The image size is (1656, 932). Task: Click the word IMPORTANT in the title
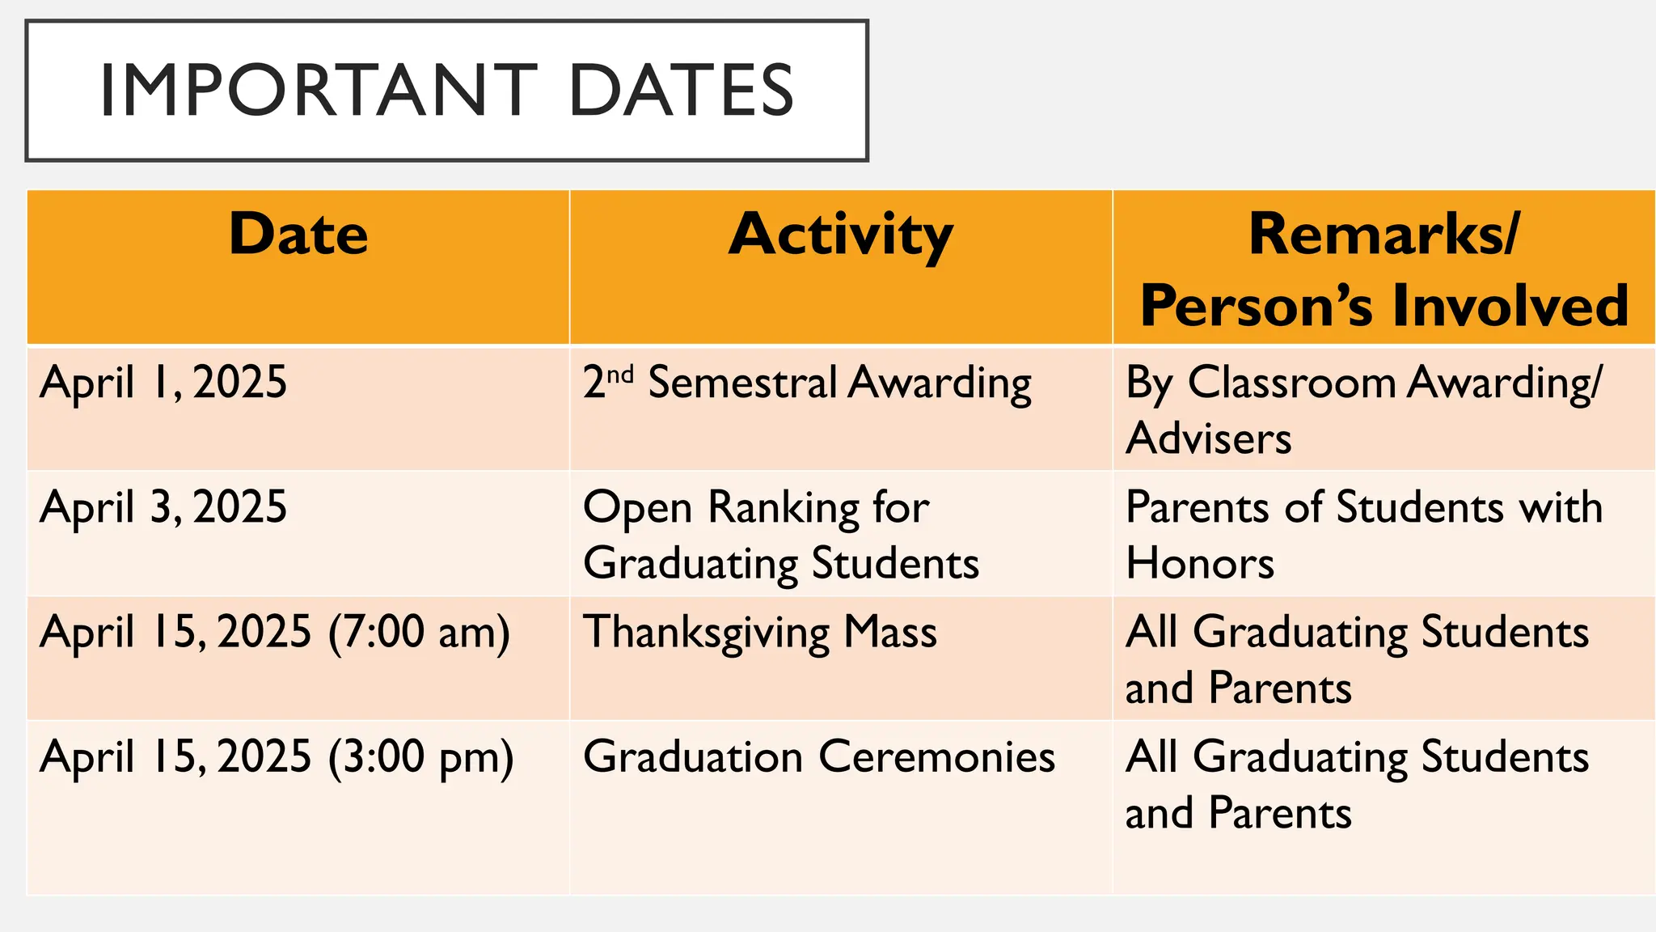tap(318, 90)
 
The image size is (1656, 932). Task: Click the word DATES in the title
tap(681, 90)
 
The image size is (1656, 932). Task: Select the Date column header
tap(298, 235)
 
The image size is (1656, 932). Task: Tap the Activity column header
tap(841, 235)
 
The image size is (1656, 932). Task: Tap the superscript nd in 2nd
tap(620, 375)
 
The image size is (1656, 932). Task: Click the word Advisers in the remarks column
tap(1208, 438)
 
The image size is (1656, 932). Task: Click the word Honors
tap(1200, 563)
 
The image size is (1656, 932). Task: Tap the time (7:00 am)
tap(419, 632)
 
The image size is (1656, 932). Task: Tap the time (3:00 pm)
tap(420, 757)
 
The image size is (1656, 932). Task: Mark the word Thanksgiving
tap(706, 632)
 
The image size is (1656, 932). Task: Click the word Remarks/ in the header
tap(1384, 235)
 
